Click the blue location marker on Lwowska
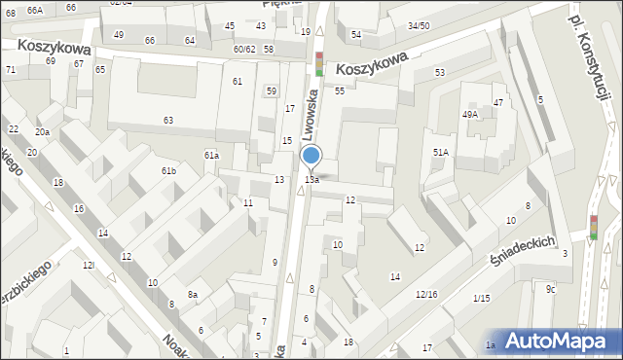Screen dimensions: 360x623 click(x=311, y=156)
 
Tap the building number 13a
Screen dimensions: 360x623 click(x=311, y=180)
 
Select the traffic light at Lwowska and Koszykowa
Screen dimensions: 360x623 click(x=318, y=64)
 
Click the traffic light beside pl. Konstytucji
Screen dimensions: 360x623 click(x=594, y=227)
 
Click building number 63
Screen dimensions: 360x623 click(x=168, y=120)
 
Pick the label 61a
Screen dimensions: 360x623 click(x=211, y=156)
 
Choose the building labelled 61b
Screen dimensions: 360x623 click(x=168, y=171)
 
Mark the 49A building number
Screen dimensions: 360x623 click(x=470, y=115)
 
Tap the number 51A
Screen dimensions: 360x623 click(x=441, y=152)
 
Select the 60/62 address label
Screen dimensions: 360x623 click(x=243, y=49)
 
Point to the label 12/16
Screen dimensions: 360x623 click(x=426, y=294)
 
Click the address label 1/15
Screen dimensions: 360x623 click(x=481, y=298)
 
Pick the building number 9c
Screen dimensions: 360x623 click(x=551, y=289)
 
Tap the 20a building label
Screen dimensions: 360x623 click(x=42, y=132)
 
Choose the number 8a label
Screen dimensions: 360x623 click(x=193, y=295)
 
